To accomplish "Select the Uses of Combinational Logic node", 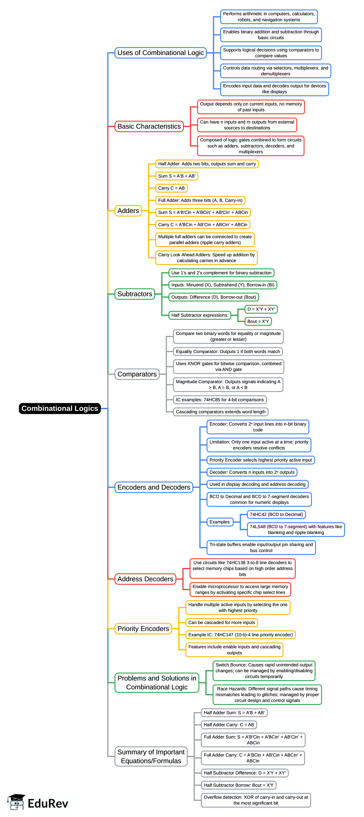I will (x=160, y=53).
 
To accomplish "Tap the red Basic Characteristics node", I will (x=149, y=126).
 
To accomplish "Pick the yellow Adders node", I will (x=128, y=211).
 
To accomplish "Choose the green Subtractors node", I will (x=135, y=294).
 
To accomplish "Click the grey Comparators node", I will (x=137, y=374).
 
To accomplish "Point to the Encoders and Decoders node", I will (x=154, y=487).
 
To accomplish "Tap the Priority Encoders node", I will (x=143, y=629).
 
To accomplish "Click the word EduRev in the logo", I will (x=48, y=803).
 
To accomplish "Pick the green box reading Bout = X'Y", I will (x=258, y=321).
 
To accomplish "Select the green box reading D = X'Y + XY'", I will (x=261, y=309).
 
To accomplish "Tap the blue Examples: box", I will (x=220, y=522).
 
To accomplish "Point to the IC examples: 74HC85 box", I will (x=220, y=400).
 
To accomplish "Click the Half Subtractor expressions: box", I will (x=200, y=315).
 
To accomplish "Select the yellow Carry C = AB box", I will (x=171, y=188).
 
